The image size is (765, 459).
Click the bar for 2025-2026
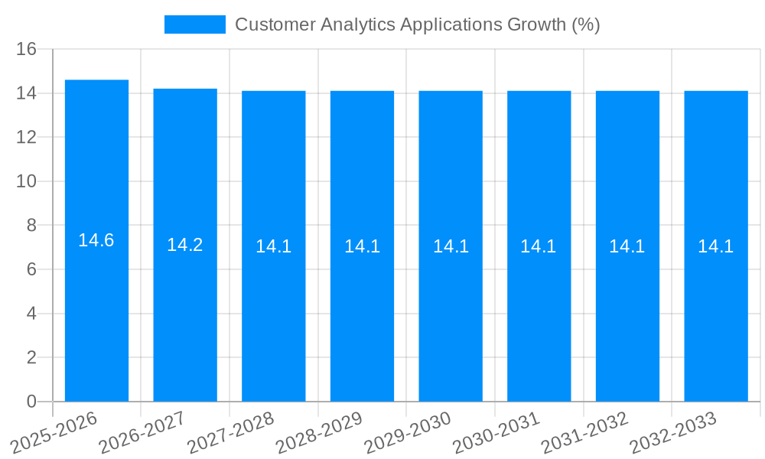[96, 306]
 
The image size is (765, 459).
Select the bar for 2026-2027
[185, 306]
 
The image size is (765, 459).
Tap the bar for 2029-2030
[451, 306]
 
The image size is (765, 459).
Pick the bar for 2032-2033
[716, 306]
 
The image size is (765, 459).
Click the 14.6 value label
[96, 240]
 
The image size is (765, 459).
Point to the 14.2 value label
[185, 245]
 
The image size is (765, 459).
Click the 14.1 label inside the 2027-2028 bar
[274, 246]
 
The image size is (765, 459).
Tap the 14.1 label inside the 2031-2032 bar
[627, 246]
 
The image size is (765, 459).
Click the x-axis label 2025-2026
[55, 431]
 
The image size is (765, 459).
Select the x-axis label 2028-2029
[321, 431]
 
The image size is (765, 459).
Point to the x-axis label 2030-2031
[497, 431]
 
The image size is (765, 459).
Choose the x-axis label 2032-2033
[674, 431]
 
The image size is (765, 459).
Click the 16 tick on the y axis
[27, 50]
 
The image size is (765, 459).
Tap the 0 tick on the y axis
[31, 402]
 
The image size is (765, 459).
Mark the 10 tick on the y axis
[27, 182]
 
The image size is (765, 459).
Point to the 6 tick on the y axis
[31, 270]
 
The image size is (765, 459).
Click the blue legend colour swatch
[195, 24]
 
